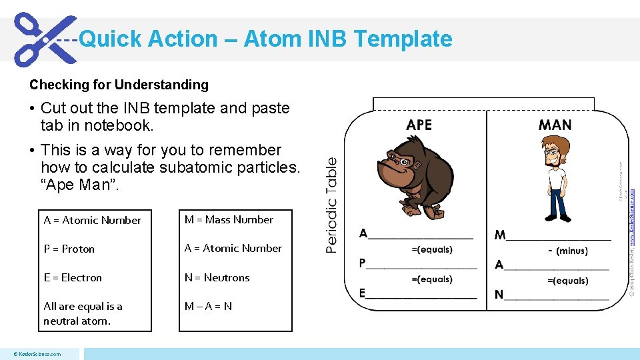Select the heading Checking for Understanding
[119, 85]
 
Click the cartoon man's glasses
[552, 152]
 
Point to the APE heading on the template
[419, 125]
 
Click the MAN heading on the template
[555, 125]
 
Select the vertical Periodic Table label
[331, 205]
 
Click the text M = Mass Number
[229, 219]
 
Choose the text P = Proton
[69, 249]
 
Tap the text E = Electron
[73, 277]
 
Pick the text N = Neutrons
[217, 277]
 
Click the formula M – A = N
[208, 306]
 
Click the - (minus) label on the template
[567, 251]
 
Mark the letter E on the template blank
[363, 293]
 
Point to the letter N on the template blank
[499, 295]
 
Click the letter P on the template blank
[363, 263]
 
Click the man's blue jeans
[554, 203]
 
